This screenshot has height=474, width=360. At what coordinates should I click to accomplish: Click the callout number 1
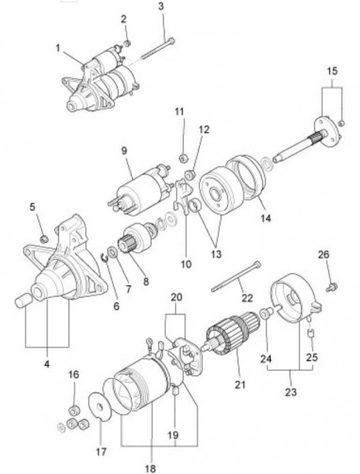tap(58, 47)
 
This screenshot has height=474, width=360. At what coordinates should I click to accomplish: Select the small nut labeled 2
tap(127, 43)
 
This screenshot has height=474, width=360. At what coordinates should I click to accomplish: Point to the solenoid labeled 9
tap(140, 190)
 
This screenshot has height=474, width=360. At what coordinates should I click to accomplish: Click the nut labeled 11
tap(183, 158)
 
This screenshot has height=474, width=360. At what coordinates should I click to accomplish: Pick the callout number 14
tap(266, 218)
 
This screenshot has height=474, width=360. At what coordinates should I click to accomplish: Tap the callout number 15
tap(332, 71)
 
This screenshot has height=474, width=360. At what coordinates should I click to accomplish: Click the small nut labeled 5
tap(44, 239)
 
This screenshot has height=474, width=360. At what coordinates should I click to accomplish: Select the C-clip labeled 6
tap(104, 258)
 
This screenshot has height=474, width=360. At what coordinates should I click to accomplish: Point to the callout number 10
tap(186, 264)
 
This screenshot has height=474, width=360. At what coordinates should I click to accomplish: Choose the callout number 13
tap(216, 254)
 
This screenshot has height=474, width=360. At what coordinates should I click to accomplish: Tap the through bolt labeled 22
tap(235, 277)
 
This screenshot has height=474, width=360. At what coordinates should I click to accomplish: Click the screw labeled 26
tap(332, 287)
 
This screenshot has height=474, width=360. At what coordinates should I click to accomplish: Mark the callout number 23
tap(291, 393)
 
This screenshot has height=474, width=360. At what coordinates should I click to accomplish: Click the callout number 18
tap(150, 468)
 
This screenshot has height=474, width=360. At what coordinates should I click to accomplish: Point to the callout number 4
tap(47, 364)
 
